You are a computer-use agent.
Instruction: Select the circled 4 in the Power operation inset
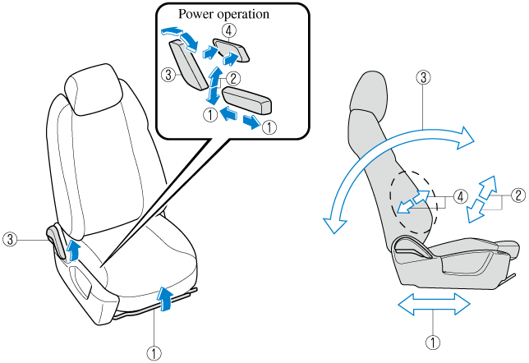(230, 29)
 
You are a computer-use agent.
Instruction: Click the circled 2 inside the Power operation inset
(233, 80)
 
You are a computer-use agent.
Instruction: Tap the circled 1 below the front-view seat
(151, 353)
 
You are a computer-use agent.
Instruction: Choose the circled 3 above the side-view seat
(422, 79)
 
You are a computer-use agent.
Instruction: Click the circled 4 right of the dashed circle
(461, 197)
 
